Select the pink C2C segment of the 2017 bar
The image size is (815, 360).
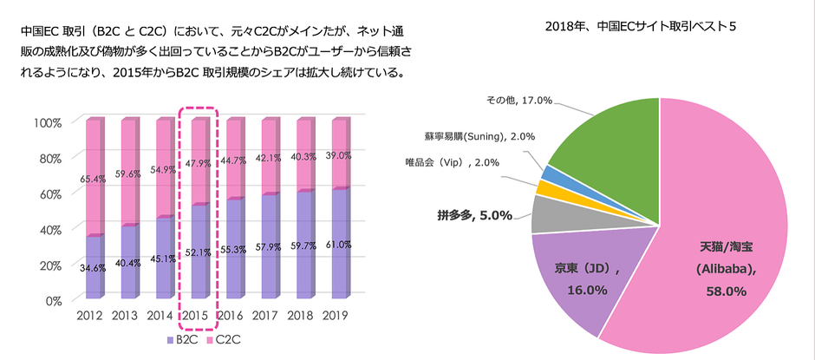click(269, 156)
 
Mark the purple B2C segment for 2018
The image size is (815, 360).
click(304, 252)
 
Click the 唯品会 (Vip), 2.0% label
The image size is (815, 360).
click(458, 162)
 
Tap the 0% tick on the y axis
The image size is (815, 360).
click(51, 300)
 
